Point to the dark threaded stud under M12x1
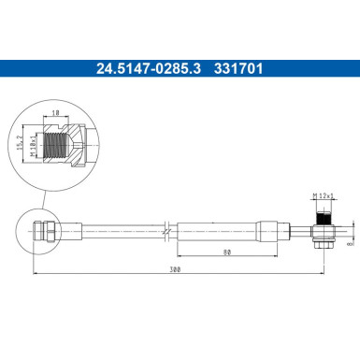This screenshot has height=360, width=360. (x=323, y=214)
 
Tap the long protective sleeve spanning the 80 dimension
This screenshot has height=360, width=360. (x=217, y=228)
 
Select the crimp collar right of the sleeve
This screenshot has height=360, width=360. (x=269, y=228)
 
